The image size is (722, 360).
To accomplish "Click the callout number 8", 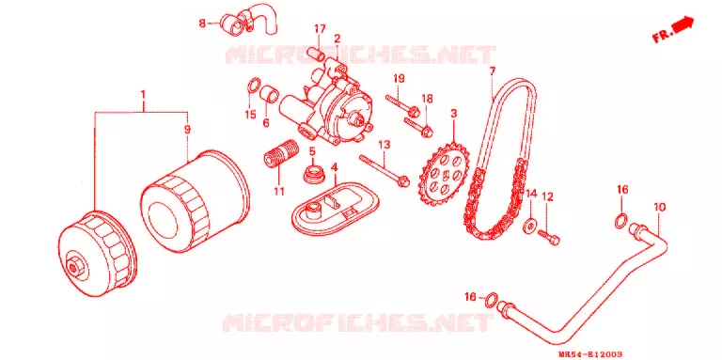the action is point(202,23).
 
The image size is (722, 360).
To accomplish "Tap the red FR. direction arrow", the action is point(683,24).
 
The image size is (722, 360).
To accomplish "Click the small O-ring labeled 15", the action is point(253,86).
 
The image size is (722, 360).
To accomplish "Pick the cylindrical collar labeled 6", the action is point(270,93).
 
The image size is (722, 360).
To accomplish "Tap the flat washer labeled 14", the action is point(530,226).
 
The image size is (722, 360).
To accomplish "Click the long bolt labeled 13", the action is point(385,170).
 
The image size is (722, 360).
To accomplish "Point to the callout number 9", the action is point(187,131).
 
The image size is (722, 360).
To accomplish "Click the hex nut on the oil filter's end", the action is point(72,266).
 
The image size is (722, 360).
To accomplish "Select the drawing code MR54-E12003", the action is point(590,354).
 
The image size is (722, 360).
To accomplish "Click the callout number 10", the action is point(659,207).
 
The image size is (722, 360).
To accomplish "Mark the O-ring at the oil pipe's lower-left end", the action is point(492,300).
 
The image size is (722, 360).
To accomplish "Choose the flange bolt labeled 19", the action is point(402,104).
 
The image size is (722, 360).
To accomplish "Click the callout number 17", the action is point(320,29).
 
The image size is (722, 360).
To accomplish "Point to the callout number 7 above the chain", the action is point(493,71).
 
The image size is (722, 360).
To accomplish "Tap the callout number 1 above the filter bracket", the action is point(143,95).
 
